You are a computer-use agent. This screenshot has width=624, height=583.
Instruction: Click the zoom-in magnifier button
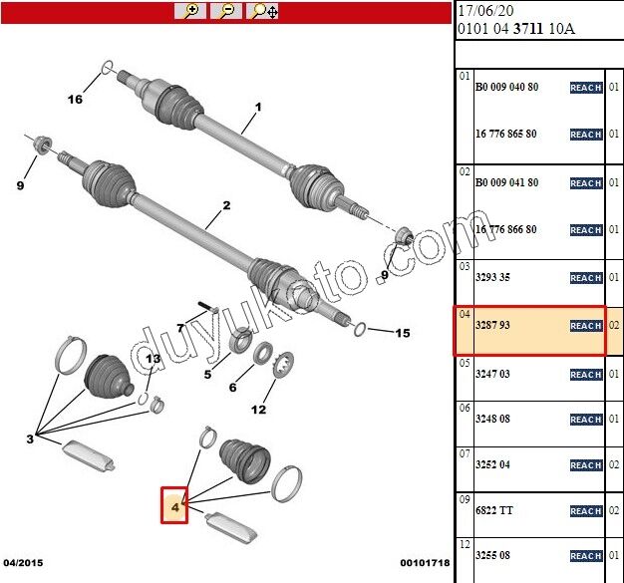pos(190,11)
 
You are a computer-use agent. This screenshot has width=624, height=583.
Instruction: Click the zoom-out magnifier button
pos(226,11)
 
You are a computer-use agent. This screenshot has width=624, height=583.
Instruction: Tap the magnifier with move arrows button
pos(262,11)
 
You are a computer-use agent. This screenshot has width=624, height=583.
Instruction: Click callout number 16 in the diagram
pos(75,99)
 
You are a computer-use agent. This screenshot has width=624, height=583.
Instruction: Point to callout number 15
pos(403,333)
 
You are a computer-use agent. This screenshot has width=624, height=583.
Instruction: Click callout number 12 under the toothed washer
pos(258,409)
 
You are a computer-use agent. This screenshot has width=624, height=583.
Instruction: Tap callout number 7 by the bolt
pos(180,328)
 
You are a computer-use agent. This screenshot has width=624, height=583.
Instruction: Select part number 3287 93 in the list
pos(492,325)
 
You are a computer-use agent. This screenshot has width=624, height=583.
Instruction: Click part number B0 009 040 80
pos(506,87)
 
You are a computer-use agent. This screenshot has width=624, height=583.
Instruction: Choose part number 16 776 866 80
pos(506,229)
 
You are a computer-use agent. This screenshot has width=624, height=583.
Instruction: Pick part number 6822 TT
pos(494,510)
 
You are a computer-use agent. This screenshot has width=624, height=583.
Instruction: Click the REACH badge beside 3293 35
pos(586,278)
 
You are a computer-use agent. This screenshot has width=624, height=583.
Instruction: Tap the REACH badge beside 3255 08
pos(586,555)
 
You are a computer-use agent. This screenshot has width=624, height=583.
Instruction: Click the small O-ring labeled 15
pos(360,329)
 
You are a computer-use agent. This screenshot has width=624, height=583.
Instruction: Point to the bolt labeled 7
pos(208,308)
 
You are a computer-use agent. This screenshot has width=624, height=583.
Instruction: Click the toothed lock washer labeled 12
pos(283,365)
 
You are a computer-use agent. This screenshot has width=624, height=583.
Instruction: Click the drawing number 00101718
pos(425,563)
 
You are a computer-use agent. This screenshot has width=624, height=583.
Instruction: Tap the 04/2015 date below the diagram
pos(23,563)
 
